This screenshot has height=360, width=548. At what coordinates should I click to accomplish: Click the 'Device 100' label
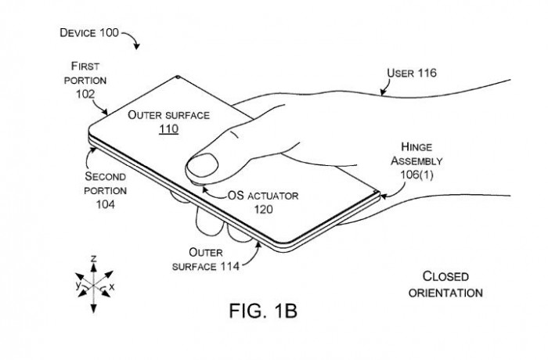tap(88, 34)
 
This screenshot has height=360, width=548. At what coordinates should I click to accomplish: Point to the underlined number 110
tap(168, 128)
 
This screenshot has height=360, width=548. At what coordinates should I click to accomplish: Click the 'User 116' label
tap(412, 74)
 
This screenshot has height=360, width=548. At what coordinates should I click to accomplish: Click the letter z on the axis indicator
tap(93, 257)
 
